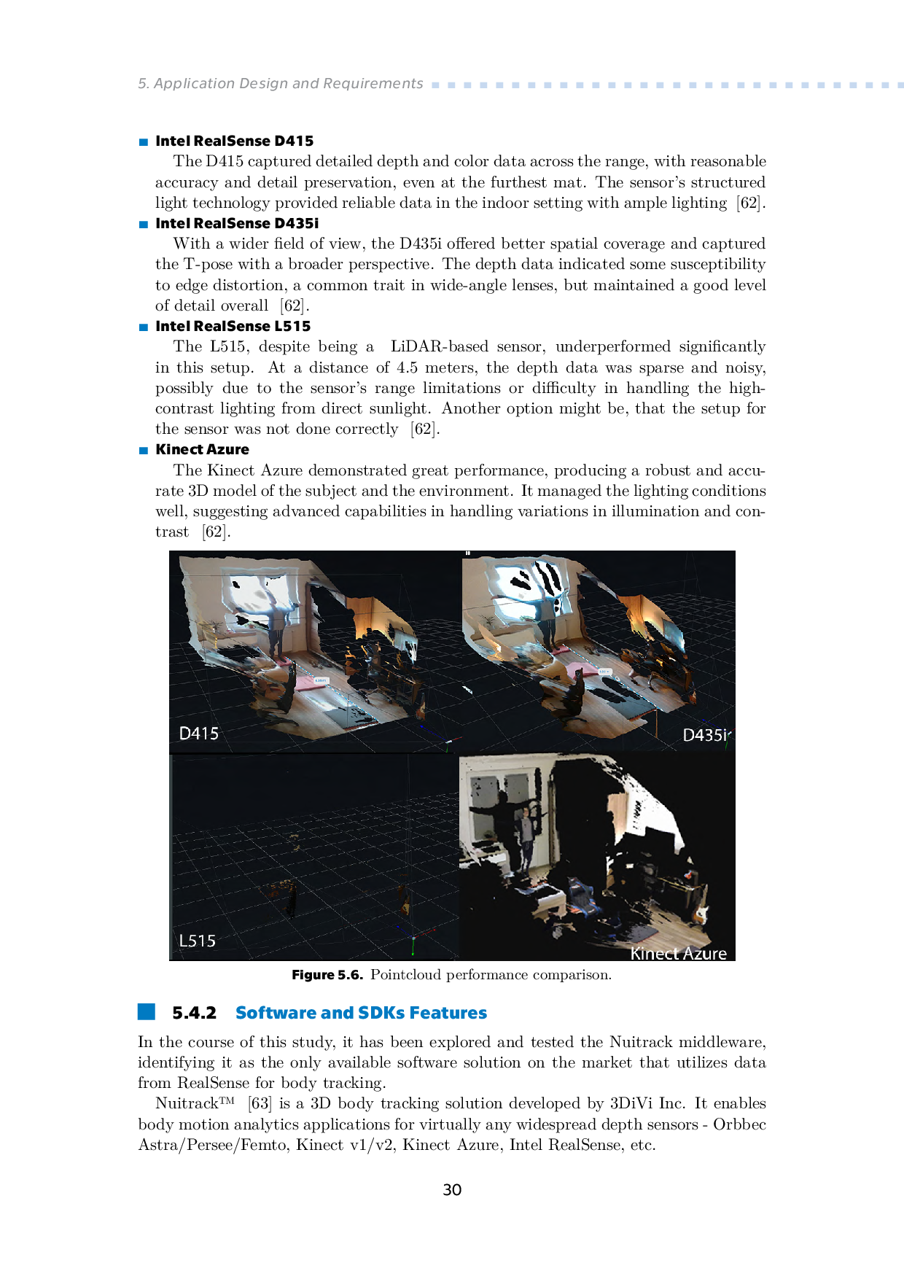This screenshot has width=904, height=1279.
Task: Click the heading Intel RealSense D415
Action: (x=234, y=141)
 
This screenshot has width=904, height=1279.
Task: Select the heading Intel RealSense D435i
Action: (x=237, y=223)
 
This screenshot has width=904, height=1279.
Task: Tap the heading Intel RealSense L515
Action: (x=233, y=326)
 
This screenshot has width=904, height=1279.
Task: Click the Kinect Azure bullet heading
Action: (x=202, y=449)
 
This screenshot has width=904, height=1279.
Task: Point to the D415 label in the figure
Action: (x=198, y=734)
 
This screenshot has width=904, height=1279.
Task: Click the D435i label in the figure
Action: (x=704, y=735)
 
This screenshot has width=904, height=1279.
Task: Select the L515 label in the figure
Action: (x=197, y=941)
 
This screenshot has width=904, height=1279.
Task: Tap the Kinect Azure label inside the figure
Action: (x=678, y=953)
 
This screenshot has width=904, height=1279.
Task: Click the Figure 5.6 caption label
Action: (x=327, y=975)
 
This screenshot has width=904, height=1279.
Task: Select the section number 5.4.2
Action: (x=194, y=1013)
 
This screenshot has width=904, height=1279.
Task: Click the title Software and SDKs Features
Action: (x=361, y=1013)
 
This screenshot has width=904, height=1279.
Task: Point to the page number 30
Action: (x=452, y=1190)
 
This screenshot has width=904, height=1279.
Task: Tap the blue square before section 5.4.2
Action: (x=147, y=1011)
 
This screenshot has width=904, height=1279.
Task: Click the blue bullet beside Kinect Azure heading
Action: (x=144, y=450)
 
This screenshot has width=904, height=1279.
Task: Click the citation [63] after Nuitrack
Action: (x=260, y=1103)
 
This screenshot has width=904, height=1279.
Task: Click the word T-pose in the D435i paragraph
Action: (x=207, y=264)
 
